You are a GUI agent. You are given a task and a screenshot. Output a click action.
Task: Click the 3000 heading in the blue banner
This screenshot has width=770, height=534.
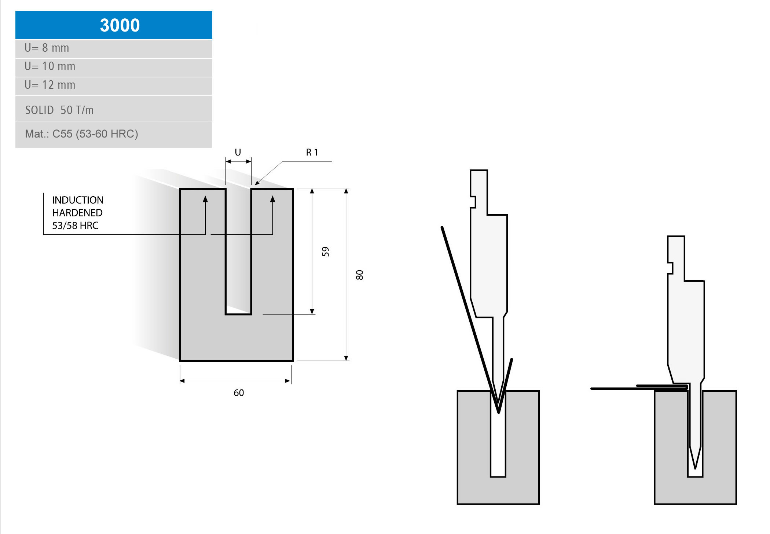click(x=120, y=25)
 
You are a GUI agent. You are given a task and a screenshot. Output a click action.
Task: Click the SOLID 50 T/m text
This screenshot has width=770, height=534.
click(x=59, y=110)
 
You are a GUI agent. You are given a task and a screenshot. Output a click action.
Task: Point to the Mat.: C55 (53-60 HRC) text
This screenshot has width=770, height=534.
click(x=81, y=134)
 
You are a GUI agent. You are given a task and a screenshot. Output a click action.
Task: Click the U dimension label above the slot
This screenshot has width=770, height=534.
click(x=238, y=152)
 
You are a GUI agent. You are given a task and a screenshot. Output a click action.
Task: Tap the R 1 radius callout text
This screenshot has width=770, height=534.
click(x=312, y=152)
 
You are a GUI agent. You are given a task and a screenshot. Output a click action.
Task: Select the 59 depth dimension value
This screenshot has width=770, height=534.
click(x=325, y=252)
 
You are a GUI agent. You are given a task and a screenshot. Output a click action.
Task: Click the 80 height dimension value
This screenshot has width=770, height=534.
click(x=359, y=275)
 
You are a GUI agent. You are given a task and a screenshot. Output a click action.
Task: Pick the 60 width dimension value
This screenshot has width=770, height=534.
click(x=239, y=393)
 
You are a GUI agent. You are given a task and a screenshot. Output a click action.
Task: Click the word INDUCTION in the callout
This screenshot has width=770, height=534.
click(x=78, y=200)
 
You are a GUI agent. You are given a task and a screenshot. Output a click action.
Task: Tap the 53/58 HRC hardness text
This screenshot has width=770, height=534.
click(x=75, y=226)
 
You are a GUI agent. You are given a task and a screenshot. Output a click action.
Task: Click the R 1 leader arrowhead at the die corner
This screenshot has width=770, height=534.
click(x=257, y=183)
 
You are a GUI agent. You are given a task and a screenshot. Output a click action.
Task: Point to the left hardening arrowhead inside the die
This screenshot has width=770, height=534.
click(x=205, y=199)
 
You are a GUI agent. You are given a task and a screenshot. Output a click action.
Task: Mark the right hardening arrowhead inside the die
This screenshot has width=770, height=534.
click(x=272, y=199)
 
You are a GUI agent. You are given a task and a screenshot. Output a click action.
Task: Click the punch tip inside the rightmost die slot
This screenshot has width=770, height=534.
click(x=695, y=467)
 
